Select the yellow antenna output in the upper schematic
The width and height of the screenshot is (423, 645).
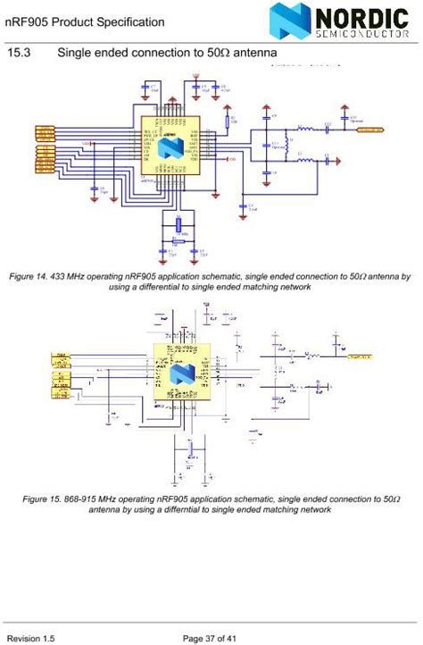(370, 130)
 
